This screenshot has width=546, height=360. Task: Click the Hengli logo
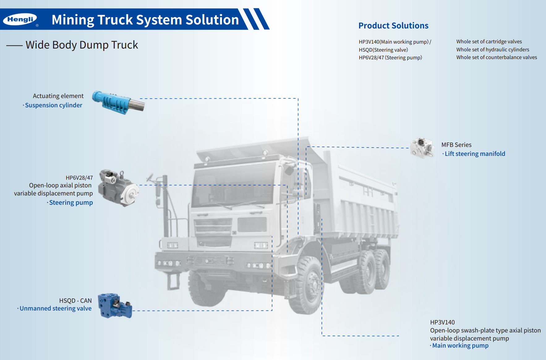(x=20, y=19)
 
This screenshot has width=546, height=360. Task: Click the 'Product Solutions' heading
(x=393, y=26)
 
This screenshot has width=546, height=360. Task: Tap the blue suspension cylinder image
(x=118, y=102)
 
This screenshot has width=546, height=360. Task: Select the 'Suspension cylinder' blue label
(x=53, y=105)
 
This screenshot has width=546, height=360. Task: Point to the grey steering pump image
(x=118, y=188)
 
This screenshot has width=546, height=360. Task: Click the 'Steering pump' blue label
(x=71, y=203)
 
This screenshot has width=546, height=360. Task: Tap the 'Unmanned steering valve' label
(x=55, y=308)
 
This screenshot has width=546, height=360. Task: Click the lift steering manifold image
(x=421, y=148)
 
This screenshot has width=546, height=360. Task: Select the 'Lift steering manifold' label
(x=475, y=154)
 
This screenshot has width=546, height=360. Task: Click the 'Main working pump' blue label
(x=460, y=345)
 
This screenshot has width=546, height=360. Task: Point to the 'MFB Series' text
(x=456, y=145)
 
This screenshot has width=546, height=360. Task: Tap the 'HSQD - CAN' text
(x=75, y=301)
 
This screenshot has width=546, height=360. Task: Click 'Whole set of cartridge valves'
(x=489, y=41)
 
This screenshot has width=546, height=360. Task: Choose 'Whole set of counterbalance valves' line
(x=497, y=57)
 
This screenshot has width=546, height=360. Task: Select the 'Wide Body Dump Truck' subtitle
(x=82, y=45)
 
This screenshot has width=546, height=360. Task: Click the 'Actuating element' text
(x=58, y=96)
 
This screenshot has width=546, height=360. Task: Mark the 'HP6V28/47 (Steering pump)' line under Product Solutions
(x=390, y=58)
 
